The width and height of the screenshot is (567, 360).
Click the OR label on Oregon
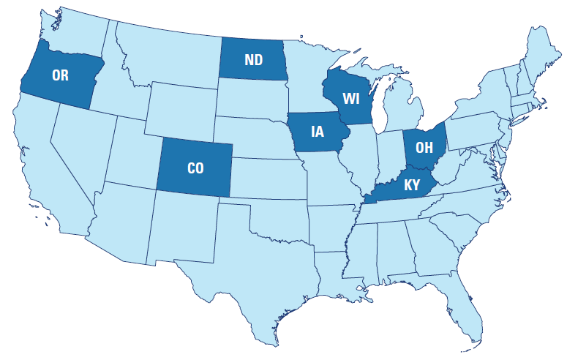coord(60,75)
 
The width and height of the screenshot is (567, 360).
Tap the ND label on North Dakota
coord(254,59)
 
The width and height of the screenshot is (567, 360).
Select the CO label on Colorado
coord(195,168)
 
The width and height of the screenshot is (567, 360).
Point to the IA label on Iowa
coord(317,132)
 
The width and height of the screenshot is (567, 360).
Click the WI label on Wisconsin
coord(351,97)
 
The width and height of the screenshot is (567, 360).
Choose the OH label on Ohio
coord(424,146)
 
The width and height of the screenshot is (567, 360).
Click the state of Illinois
coord(361,157)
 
